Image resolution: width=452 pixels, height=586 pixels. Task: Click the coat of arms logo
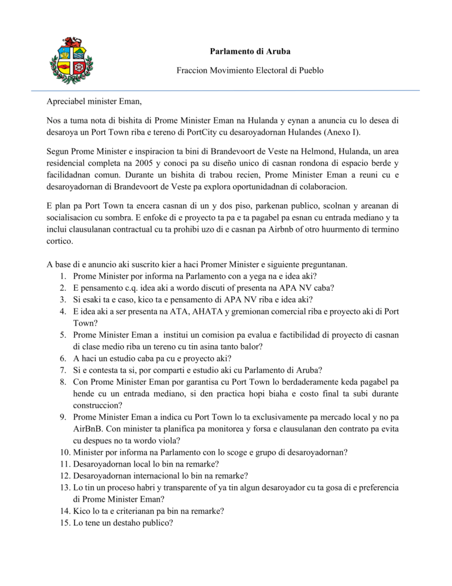[x=71, y=61]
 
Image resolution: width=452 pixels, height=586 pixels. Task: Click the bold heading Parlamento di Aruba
[x=250, y=52]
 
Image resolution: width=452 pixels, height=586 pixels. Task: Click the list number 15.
[x=62, y=523]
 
